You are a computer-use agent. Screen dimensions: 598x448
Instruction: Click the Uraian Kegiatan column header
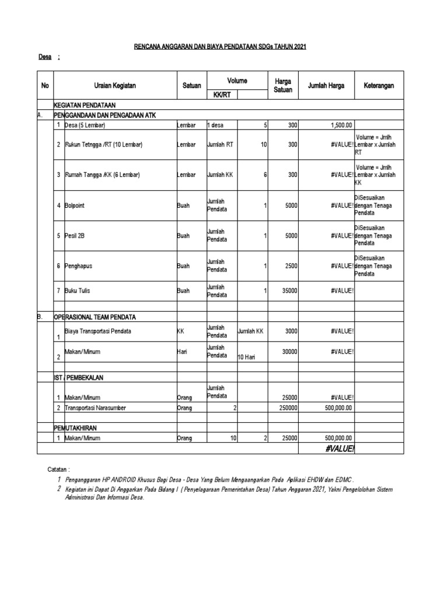[x=115, y=85]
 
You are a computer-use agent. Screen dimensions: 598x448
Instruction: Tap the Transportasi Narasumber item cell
[x=96, y=408]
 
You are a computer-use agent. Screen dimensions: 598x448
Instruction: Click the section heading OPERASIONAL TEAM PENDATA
[x=96, y=317]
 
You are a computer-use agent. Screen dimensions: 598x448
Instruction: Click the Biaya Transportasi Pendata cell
[x=97, y=331]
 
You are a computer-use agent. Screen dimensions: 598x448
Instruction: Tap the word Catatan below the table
[x=58, y=469]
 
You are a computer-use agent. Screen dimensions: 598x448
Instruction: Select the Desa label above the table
[x=45, y=57]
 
